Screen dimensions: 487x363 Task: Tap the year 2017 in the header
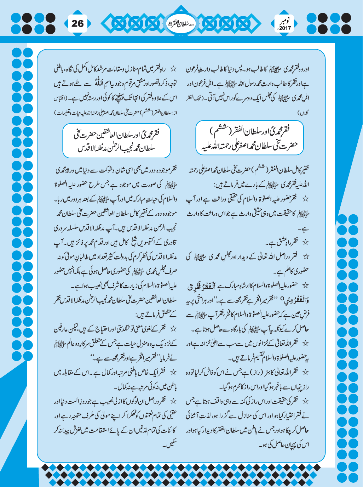(284, 28)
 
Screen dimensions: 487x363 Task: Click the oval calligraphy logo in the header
(181, 23)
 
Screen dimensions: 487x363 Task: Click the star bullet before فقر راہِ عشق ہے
(305, 243)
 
